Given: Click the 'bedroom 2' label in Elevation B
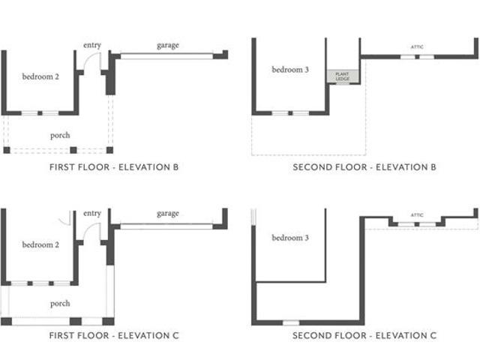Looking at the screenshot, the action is click(40, 76).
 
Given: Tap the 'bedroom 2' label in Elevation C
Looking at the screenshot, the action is click(40, 244).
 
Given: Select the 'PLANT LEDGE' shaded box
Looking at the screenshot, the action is click(343, 76).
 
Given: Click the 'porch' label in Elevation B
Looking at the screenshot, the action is click(60, 135).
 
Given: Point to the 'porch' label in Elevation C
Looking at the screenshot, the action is click(60, 303).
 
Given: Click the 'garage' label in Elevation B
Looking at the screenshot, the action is click(168, 46).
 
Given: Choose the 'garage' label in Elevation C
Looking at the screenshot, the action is click(168, 214).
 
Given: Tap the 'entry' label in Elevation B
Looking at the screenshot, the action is click(92, 45).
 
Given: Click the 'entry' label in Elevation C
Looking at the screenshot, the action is click(92, 213).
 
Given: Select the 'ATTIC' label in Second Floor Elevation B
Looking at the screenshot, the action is click(417, 46).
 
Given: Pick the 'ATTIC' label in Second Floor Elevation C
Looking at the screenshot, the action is click(417, 215).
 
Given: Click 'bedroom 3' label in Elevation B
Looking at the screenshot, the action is click(290, 70).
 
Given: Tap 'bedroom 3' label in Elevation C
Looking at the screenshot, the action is click(290, 238).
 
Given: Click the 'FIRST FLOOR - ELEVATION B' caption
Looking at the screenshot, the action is click(114, 167).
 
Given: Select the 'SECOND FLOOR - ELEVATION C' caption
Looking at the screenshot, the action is click(364, 335).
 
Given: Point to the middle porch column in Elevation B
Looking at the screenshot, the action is click(73, 150).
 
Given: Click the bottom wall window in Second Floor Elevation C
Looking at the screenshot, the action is click(291, 322).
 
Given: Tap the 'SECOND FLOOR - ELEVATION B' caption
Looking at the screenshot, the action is click(364, 167).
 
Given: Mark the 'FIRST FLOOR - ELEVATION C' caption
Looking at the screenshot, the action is click(114, 335).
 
